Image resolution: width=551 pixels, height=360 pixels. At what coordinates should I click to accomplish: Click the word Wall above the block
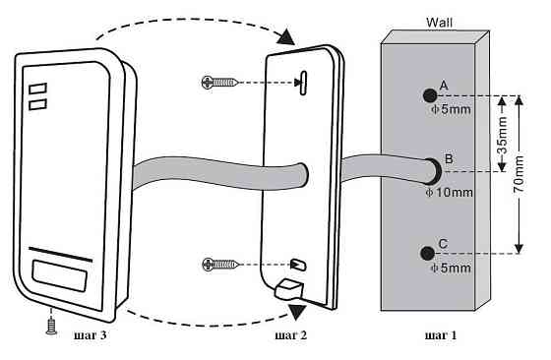(439, 23)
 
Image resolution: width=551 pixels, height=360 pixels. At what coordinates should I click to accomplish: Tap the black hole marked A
(429, 95)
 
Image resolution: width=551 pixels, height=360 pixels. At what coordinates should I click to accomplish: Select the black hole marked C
(428, 253)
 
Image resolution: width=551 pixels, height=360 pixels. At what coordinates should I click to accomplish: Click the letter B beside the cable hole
(449, 158)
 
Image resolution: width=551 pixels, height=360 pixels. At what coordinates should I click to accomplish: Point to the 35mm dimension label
(503, 135)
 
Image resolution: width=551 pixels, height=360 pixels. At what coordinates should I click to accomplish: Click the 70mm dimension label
(519, 174)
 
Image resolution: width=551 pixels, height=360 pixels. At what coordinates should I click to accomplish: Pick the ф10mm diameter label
(449, 193)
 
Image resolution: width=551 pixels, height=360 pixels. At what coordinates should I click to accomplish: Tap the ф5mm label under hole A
(451, 109)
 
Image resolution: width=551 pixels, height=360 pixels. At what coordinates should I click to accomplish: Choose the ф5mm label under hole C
(451, 269)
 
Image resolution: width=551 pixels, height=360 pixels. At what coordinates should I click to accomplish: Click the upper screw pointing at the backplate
(219, 83)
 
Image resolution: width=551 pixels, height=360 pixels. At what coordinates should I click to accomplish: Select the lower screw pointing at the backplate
(220, 265)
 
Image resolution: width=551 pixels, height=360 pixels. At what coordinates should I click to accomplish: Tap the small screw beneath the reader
(51, 327)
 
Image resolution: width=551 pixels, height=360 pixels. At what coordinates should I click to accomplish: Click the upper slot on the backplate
(303, 83)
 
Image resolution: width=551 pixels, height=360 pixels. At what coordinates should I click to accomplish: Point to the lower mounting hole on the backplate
(298, 265)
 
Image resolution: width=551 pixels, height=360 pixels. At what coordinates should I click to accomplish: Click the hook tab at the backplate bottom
(289, 289)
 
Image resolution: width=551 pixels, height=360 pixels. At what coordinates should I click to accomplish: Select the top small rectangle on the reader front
(38, 89)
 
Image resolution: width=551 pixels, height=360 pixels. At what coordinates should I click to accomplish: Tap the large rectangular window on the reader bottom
(59, 275)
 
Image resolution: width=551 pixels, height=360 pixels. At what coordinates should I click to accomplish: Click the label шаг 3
(91, 335)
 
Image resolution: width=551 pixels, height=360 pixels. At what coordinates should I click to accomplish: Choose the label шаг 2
(291, 335)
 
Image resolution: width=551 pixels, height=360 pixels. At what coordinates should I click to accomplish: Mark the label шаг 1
(441, 335)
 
